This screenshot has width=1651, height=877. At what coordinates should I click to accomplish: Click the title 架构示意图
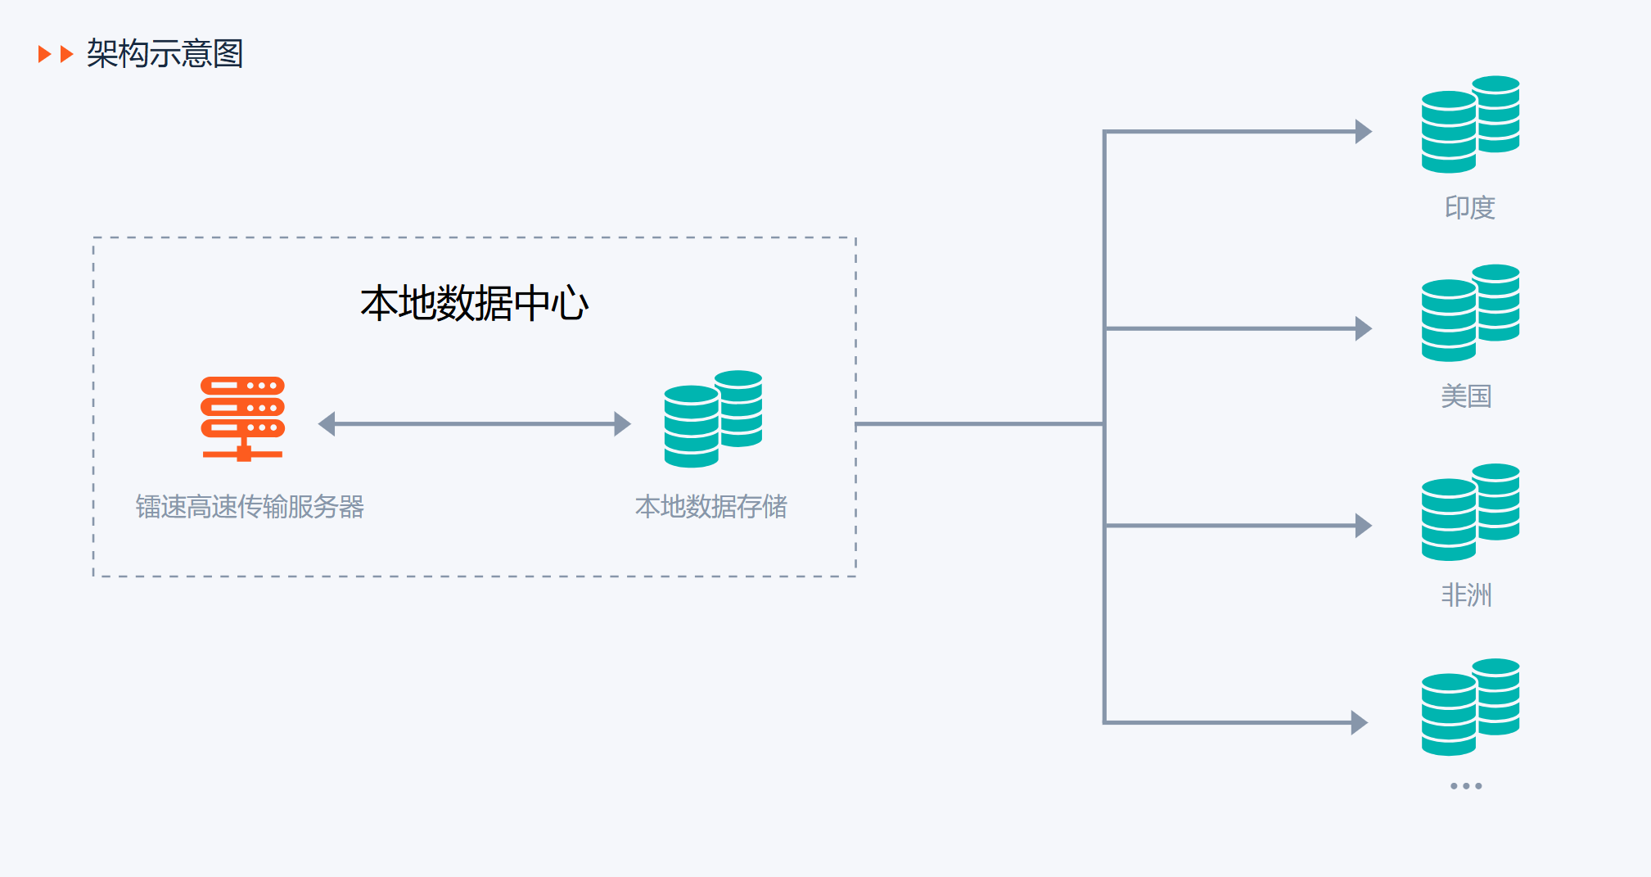point(165,54)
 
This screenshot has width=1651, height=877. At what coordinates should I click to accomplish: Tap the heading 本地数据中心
point(474,304)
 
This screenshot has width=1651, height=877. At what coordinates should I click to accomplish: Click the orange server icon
point(242,418)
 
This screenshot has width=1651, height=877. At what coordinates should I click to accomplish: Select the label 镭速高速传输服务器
point(250,507)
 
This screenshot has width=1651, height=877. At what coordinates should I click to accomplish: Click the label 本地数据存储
point(710,507)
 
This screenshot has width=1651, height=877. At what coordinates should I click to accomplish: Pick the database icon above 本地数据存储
point(713,418)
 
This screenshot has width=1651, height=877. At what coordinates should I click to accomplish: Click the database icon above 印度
point(1470,124)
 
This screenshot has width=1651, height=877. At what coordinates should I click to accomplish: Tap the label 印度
point(1469,208)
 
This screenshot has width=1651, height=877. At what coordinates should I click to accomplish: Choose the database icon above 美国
point(1470,312)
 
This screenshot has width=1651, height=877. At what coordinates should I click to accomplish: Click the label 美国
point(1466,396)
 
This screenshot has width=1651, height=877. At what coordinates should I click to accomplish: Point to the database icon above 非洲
point(1470,512)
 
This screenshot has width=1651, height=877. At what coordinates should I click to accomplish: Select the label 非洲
point(1466,595)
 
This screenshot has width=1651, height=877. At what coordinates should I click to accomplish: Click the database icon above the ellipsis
point(1470,707)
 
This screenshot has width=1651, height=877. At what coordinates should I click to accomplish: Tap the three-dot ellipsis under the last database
point(1466,786)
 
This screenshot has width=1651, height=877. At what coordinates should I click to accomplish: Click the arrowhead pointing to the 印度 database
point(1363,131)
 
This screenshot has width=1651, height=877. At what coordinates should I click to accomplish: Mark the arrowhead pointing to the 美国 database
point(1363,328)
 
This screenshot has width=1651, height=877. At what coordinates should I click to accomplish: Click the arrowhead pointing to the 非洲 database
point(1363,526)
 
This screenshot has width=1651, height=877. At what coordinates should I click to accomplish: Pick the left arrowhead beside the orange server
point(327,424)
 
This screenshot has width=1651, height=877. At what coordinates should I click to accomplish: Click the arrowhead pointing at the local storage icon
point(622,424)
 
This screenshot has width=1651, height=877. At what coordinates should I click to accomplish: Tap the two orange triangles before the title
point(56,54)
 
